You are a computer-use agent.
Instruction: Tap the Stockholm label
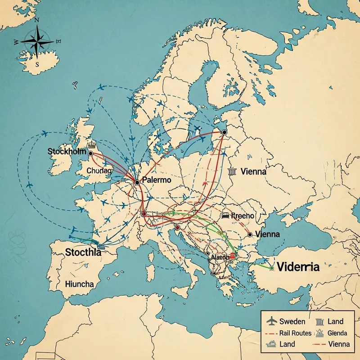tap(66, 152)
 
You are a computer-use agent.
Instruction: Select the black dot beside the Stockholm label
tap(90, 153)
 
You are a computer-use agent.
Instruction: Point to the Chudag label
tap(99, 171)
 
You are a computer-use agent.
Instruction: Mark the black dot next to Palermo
tap(137, 182)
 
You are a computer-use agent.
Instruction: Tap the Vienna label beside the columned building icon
tap(253, 171)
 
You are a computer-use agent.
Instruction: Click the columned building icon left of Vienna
tap(232, 171)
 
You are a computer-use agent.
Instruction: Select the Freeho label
tap(243, 216)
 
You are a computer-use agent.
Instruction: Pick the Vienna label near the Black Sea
tap(267, 234)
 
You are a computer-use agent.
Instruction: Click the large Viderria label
tap(298, 266)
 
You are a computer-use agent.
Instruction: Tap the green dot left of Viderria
tap(271, 268)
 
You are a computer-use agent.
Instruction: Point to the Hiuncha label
tap(79, 284)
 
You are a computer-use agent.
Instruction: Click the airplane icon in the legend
tap(271, 321)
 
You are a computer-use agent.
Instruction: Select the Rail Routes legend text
tap(295, 333)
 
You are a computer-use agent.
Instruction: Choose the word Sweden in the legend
tap(292, 321)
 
